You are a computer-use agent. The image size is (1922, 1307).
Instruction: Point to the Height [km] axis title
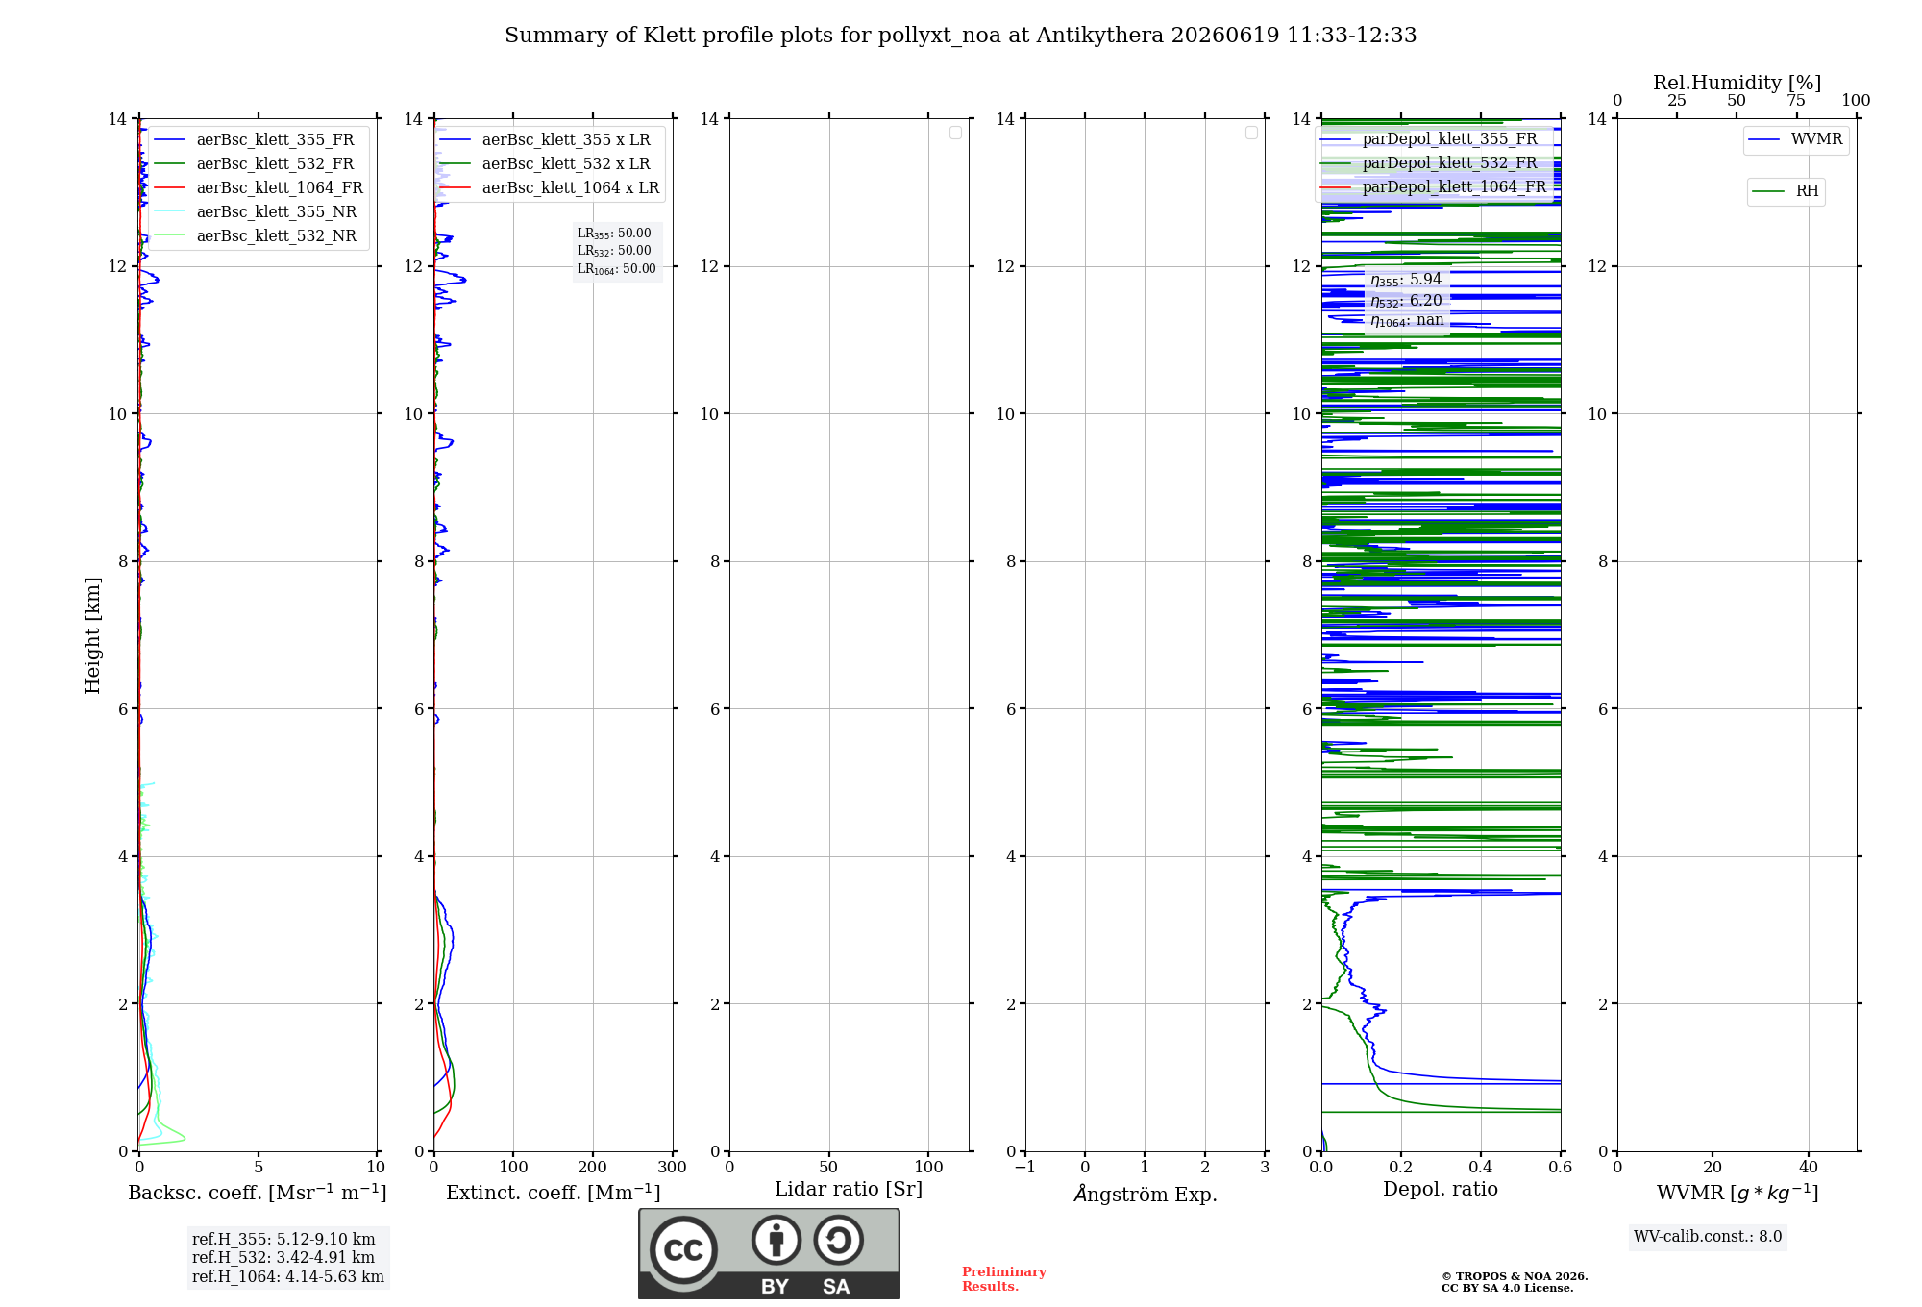tap(92, 635)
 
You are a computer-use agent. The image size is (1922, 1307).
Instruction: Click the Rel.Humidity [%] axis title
tap(1737, 83)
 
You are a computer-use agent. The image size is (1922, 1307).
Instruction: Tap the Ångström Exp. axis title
tap(1146, 1194)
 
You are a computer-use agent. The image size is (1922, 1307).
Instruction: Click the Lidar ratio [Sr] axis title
tap(849, 1190)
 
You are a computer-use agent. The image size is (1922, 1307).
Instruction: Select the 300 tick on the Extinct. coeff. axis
tap(673, 1167)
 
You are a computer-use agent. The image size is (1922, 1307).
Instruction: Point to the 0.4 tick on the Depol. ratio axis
tap(1481, 1167)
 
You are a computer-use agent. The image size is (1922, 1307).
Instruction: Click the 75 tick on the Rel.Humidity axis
tap(1796, 100)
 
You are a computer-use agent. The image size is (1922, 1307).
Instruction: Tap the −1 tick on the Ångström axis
tap(1025, 1167)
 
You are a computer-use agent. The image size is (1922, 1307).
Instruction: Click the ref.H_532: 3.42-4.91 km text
tap(283, 1258)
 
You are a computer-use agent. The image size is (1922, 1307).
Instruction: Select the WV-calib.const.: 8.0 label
tap(1708, 1237)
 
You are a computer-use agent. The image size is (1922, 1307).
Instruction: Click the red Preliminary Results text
tap(1004, 1279)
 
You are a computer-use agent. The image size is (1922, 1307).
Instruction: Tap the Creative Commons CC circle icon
tap(683, 1250)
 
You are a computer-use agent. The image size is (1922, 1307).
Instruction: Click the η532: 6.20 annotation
tap(1406, 301)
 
